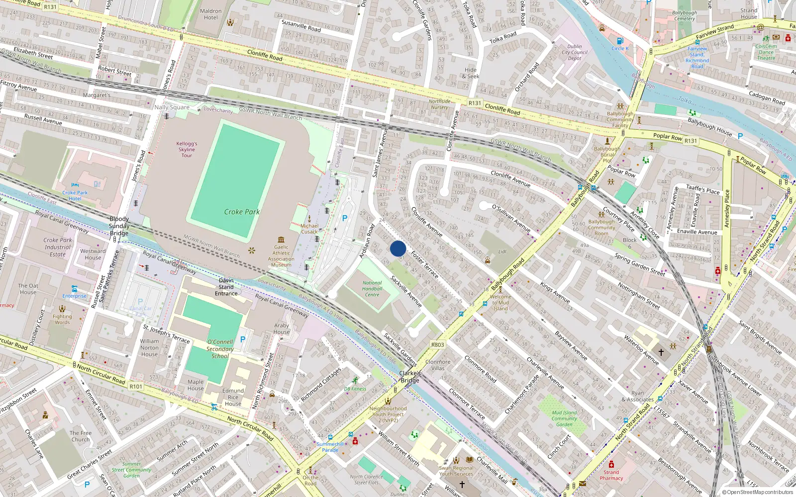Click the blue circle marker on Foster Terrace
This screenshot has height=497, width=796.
[398, 248]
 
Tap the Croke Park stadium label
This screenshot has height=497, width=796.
[242, 212]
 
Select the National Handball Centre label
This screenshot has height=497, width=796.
[372, 289]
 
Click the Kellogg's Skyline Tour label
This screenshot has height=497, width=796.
[187, 150]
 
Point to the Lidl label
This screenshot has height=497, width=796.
[502, 251]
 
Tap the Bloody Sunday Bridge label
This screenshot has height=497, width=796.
[119, 226]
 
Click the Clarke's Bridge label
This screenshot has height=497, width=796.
[410, 377]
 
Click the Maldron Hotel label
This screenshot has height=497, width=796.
[210, 14]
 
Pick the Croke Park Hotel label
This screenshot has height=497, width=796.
[75, 195]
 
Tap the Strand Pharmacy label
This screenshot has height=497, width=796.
[611, 475]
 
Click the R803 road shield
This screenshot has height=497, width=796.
[438, 344]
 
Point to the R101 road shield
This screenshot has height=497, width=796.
[136, 386]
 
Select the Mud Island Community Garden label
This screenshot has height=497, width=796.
[564, 418]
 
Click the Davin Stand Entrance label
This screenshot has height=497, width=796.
[226, 287]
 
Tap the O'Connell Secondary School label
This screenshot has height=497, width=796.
[220, 349]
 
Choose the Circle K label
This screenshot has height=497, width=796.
[620, 48]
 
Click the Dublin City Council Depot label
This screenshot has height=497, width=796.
[575, 52]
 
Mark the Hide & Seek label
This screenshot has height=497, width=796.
[471, 73]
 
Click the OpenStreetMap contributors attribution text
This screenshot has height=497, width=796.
[757, 493]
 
